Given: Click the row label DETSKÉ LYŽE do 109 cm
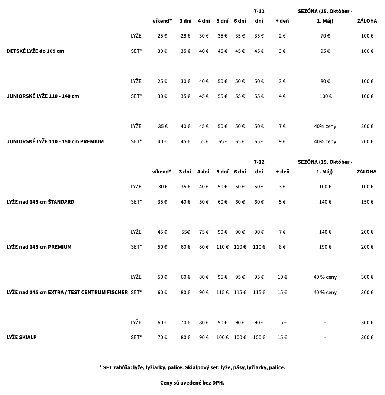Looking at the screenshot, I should tap(35, 51).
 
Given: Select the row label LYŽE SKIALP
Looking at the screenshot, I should tap(22, 337).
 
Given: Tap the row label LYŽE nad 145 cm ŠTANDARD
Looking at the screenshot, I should tap(41, 202).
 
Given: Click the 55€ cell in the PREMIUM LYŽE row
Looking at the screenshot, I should tap(185, 232).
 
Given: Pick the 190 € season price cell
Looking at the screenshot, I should tap(325, 247).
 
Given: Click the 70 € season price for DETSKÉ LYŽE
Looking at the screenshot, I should tap(325, 36).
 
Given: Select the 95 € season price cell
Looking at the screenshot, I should tap(325, 51).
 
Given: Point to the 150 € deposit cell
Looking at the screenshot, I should tap(367, 202).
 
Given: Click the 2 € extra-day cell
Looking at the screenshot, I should tap(282, 36).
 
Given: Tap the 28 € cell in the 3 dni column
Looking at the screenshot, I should tap(185, 36).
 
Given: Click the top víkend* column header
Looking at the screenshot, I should tap(162, 21).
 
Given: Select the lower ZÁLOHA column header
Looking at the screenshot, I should tap(366, 172).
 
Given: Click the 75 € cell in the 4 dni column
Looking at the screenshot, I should tap(204, 232).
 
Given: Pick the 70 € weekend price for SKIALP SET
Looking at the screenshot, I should tap(162, 337).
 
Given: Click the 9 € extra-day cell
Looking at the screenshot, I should tap(282, 141).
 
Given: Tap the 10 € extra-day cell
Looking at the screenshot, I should tap(282, 277).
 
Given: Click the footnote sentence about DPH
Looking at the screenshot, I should tap(192, 383).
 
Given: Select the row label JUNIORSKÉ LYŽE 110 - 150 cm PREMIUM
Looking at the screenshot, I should tap(55, 141).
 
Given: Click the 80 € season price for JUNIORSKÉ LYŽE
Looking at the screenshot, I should tap(325, 81).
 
